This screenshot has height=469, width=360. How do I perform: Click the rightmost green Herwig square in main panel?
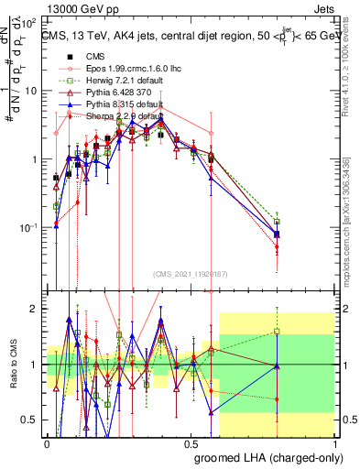[277, 222]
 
